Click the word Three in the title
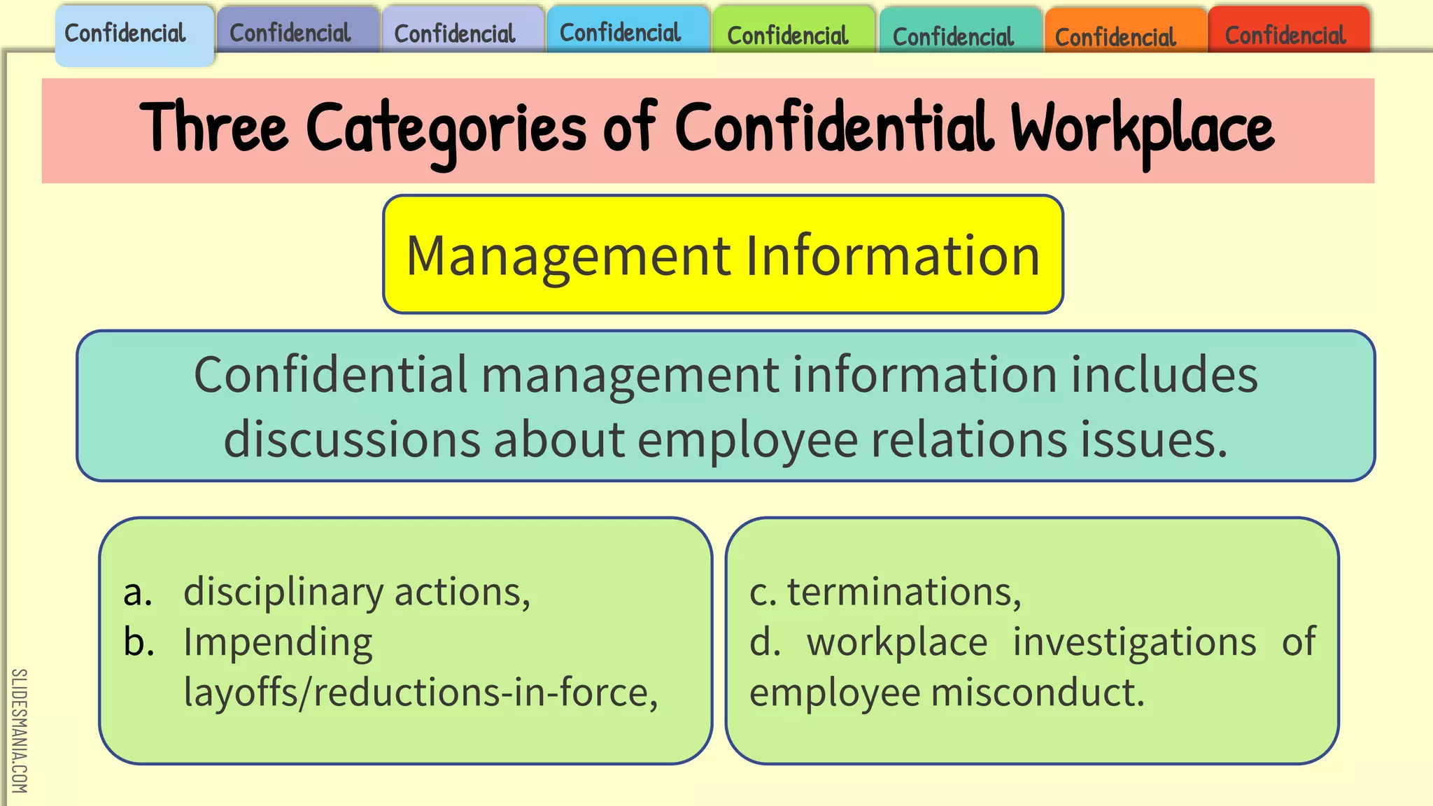click(214, 128)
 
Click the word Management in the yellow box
click(568, 255)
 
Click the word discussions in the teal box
click(351, 440)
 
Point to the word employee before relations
click(747, 440)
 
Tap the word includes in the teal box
click(1164, 375)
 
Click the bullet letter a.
click(137, 592)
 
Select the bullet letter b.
click(139, 642)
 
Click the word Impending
click(278, 643)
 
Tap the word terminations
click(903, 592)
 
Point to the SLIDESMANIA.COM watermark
click(19, 731)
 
